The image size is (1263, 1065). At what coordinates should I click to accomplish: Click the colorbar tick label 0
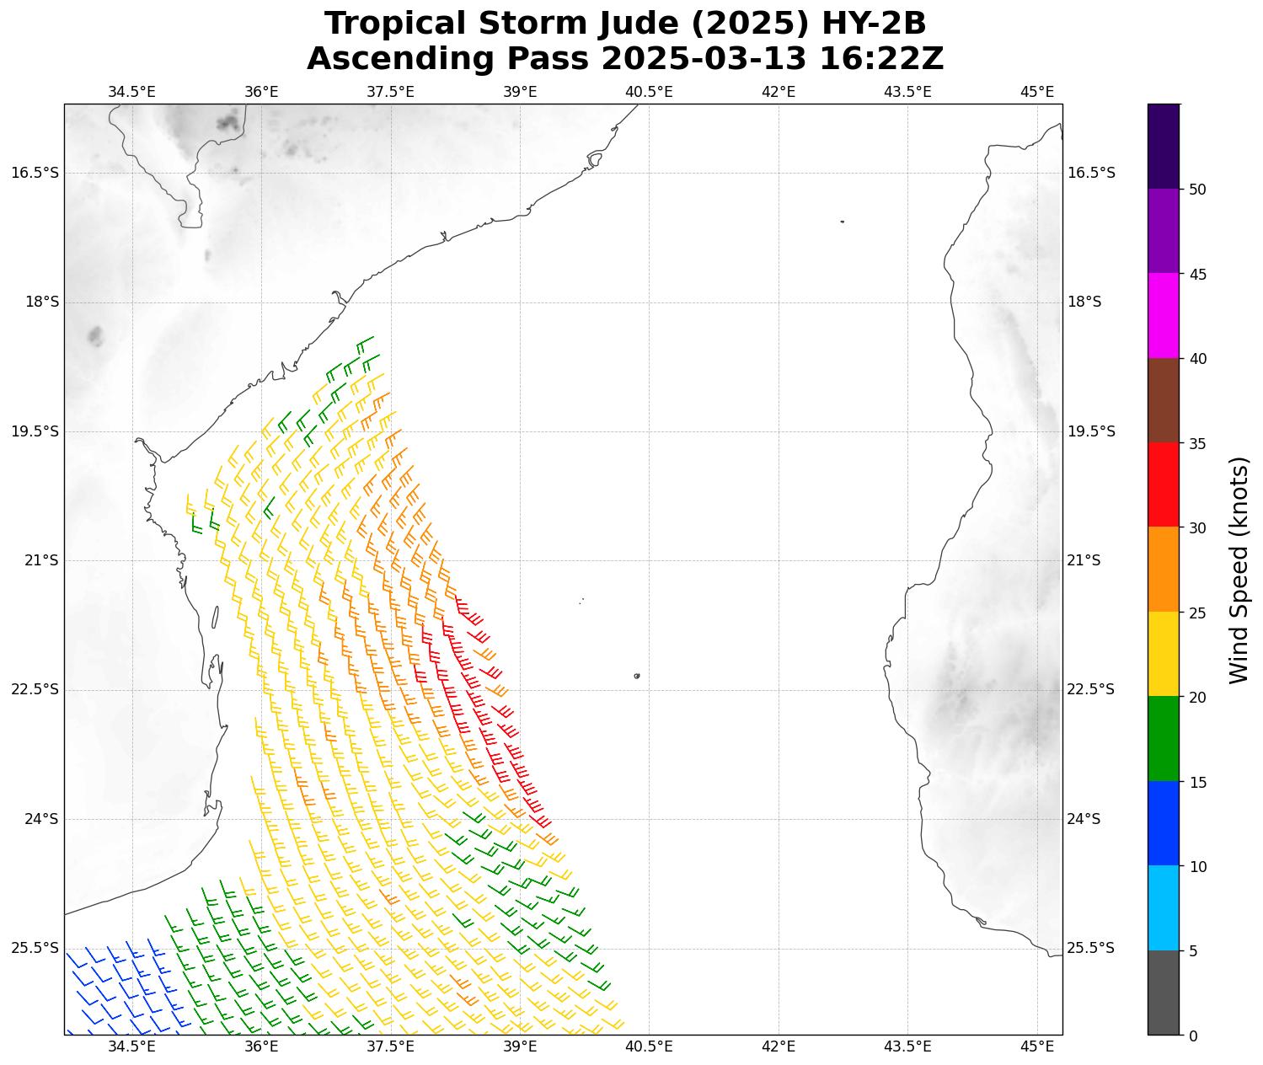pos(1192,1036)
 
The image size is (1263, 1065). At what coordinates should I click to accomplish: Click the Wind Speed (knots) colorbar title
pos(1238,570)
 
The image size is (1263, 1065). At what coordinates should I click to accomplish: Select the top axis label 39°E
pos(520,91)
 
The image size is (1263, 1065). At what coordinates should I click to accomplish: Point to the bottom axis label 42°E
pos(779,1046)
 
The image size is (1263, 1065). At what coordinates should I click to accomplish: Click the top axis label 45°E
pos(1037,91)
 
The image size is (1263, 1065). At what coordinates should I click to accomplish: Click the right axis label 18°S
pos(1084,302)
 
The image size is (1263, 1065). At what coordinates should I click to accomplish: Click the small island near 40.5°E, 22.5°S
pos(637,676)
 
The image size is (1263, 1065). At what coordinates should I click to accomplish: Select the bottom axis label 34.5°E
pos(131,1046)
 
